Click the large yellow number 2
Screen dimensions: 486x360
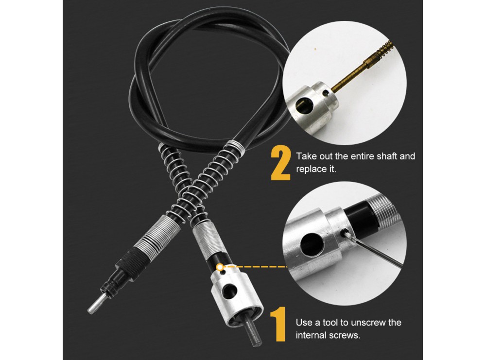click(x=281, y=163)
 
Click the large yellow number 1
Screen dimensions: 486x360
click(x=278, y=324)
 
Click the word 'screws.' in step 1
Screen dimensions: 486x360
click(x=346, y=336)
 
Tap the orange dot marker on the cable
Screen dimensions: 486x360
click(x=220, y=267)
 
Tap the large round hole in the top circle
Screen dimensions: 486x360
click(x=305, y=105)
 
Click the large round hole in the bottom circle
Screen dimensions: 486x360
click(x=312, y=243)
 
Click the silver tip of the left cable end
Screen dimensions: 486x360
click(x=96, y=304)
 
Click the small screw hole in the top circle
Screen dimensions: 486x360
click(x=325, y=93)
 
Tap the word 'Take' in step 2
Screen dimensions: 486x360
click(x=306, y=156)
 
